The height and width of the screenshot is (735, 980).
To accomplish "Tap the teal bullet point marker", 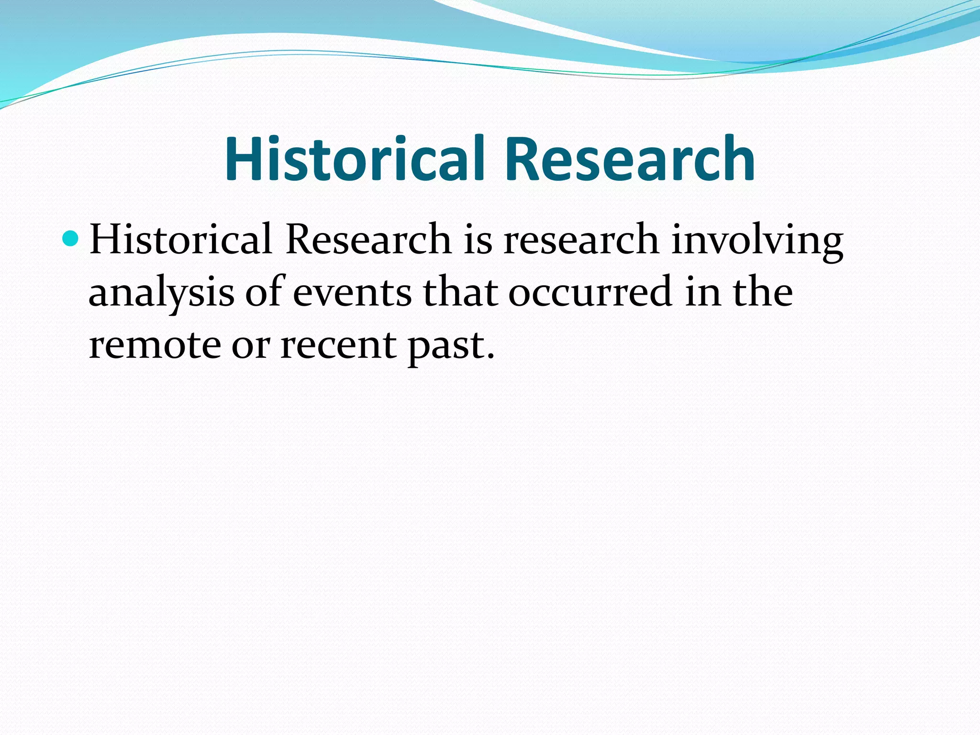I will pyautogui.click(x=70, y=238).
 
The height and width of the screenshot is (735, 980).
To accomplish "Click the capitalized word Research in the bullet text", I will pyautogui.click(x=368, y=239).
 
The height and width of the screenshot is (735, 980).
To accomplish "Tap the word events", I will pyautogui.click(x=352, y=293).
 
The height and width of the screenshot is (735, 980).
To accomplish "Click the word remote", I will pyautogui.click(x=155, y=345).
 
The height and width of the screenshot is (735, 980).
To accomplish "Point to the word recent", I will pyautogui.click(x=338, y=345).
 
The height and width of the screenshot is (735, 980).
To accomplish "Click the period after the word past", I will pyautogui.click(x=489, y=356).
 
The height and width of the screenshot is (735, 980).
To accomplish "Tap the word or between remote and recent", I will pyautogui.click(x=251, y=346).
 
